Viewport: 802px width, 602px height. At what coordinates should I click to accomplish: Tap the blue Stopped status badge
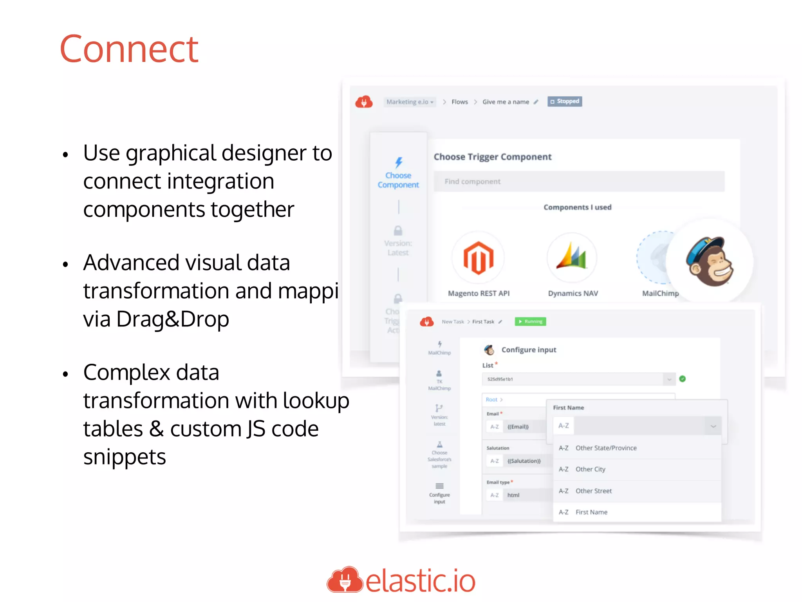pos(565,102)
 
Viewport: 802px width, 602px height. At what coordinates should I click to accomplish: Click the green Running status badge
pos(530,321)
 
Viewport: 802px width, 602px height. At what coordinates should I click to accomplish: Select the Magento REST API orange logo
pos(478,257)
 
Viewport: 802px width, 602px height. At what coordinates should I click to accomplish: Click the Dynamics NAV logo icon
pos(572,257)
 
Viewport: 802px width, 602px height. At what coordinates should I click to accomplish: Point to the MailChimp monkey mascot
pos(709,261)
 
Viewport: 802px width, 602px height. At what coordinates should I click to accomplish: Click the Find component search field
pos(579,181)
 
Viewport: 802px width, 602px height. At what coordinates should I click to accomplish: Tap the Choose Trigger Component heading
pos(492,157)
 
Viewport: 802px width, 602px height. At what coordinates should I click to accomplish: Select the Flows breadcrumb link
pos(459,102)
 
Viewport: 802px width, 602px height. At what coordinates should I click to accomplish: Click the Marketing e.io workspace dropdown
pos(410,102)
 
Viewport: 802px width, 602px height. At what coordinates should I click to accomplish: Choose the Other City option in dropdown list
pos(590,469)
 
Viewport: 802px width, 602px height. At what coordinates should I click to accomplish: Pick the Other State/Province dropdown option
pos(606,448)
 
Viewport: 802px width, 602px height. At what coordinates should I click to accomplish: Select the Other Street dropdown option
pos(593,491)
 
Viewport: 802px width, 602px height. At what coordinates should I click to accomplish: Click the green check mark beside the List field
pos(683,379)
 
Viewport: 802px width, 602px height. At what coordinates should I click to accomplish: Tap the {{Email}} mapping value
pos(518,427)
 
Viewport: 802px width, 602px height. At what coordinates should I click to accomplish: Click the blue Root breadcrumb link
pos(491,399)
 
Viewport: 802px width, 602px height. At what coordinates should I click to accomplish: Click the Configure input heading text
pos(529,350)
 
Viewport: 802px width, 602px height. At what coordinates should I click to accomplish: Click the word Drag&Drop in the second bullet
pos(172,319)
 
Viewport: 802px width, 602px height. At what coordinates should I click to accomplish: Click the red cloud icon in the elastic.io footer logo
pos(345,580)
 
